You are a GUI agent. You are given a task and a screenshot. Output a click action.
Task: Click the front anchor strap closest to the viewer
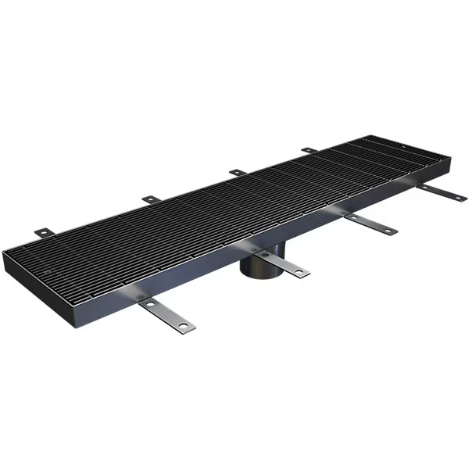[166, 315]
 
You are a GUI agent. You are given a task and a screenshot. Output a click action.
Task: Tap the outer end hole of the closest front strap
[183, 324]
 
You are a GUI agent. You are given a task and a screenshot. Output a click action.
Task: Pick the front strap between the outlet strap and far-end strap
[371, 224]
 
